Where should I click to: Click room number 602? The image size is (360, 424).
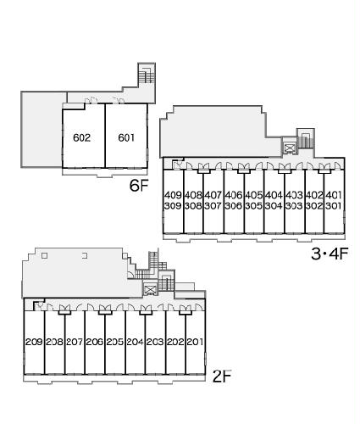tap(81, 137)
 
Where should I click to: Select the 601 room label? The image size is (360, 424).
tap(126, 137)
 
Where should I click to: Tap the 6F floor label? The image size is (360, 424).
tap(139, 186)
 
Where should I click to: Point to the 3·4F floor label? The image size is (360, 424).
tap(330, 254)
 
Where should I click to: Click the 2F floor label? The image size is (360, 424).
tap(222, 377)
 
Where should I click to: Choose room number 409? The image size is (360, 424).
tap(173, 195)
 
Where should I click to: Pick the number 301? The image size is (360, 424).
tap(334, 206)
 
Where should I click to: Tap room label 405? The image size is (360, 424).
tap(253, 195)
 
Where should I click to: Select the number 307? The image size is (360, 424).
tap(213, 206)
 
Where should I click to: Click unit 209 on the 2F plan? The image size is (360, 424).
tap(34, 342)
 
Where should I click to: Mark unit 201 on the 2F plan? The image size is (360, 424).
tap(195, 342)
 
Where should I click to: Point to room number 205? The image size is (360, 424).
tap(115, 342)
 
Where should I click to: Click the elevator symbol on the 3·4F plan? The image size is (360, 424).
tap(290, 148)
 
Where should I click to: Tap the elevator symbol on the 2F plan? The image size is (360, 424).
tap(150, 289)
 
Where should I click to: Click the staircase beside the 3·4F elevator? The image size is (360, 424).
tap(306, 139)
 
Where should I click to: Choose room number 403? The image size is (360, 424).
tap(294, 195)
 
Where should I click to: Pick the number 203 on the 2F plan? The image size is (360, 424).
tap(155, 342)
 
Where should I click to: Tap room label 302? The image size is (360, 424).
tap(314, 206)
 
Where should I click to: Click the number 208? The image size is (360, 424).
tap(54, 342)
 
